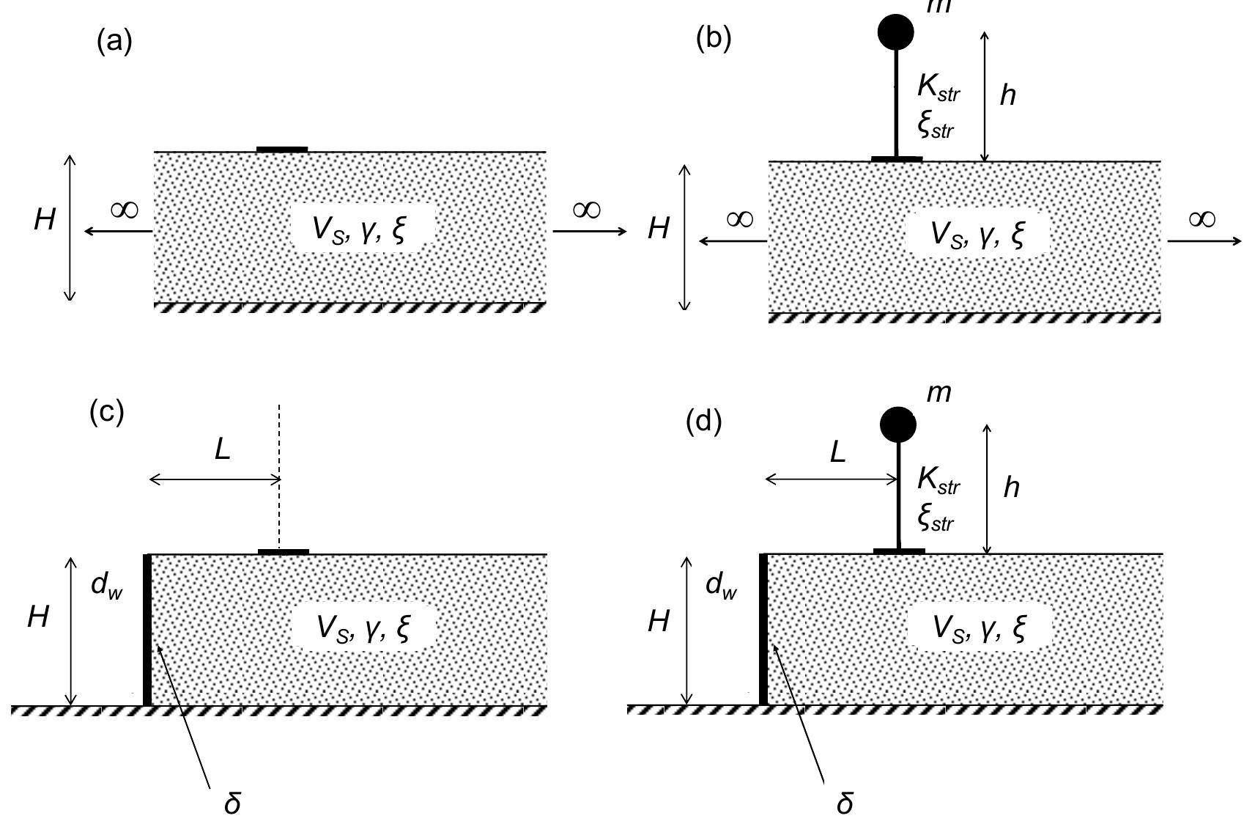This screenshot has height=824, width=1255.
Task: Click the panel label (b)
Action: click(714, 39)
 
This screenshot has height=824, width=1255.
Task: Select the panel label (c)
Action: click(107, 412)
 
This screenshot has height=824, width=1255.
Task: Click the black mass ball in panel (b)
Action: click(895, 31)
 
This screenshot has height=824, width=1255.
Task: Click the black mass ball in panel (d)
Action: click(897, 424)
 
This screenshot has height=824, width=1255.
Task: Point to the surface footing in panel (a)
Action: click(282, 150)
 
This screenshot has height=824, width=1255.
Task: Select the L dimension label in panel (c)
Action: click(223, 449)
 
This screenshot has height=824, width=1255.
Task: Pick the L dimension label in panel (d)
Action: click(837, 452)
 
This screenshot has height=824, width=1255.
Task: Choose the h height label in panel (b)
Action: click(1008, 95)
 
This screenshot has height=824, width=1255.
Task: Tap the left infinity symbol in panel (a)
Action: click(124, 210)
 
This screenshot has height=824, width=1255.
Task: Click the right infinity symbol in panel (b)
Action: click(1202, 219)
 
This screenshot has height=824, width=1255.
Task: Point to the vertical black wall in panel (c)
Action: click(147, 630)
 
